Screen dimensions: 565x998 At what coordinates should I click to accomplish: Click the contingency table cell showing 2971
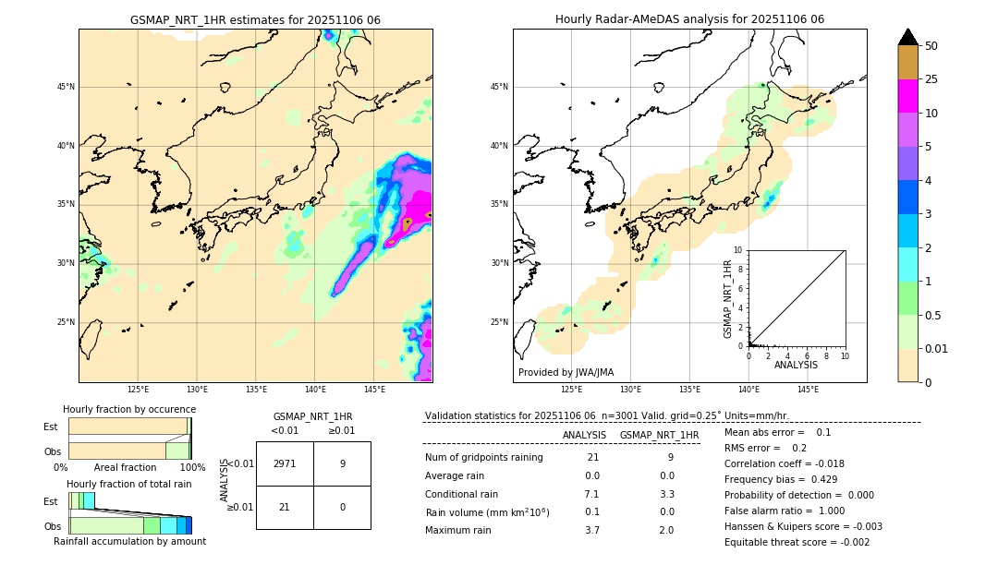click(285, 463)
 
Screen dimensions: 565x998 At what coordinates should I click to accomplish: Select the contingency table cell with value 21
click(285, 507)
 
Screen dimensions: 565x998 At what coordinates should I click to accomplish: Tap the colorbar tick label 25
click(931, 79)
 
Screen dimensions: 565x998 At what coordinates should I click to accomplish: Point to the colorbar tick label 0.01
click(937, 348)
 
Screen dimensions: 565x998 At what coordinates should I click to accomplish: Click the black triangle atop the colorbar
click(908, 37)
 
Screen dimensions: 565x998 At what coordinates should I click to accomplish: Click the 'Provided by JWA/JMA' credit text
click(566, 372)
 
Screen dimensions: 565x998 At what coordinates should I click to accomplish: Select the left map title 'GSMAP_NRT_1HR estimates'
click(255, 19)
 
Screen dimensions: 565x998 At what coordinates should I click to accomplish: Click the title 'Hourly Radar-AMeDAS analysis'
click(689, 19)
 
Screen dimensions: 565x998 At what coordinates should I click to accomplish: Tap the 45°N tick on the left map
click(66, 87)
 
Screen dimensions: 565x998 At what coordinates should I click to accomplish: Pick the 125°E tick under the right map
click(572, 390)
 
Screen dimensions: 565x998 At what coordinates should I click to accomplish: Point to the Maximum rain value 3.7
click(592, 530)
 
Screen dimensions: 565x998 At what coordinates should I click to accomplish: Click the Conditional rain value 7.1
click(592, 494)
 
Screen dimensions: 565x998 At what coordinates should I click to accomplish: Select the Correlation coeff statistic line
click(784, 463)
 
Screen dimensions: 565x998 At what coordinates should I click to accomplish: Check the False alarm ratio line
click(785, 511)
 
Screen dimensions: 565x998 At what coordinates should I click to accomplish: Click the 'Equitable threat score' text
click(797, 542)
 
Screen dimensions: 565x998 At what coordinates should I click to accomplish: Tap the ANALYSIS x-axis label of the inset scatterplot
click(796, 365)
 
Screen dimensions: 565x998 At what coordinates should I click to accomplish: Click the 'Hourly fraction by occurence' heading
click(129, 409)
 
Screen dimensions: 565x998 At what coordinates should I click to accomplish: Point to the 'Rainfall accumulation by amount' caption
click(130, 541)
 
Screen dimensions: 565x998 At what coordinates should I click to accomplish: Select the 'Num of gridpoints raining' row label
click(484, 458)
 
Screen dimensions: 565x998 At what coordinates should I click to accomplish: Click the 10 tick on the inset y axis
click(738, 249)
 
